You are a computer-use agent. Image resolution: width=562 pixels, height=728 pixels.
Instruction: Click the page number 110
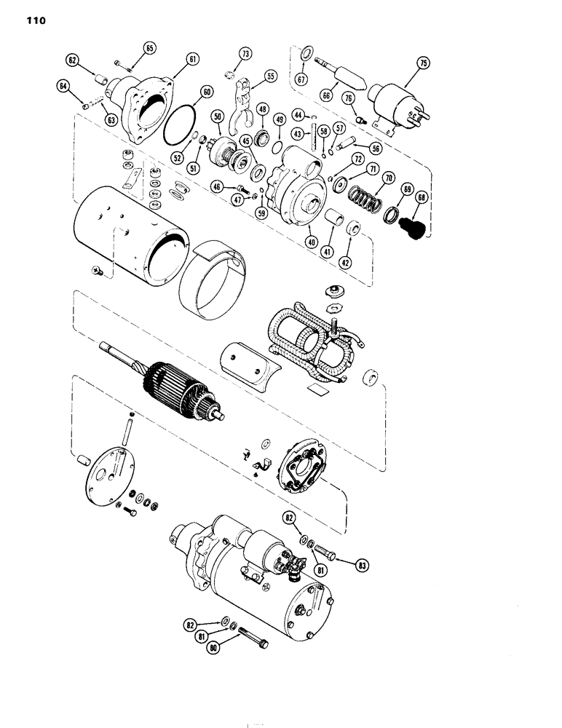coord(34,21)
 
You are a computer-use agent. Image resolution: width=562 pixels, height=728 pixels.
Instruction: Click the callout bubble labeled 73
coord(245,54)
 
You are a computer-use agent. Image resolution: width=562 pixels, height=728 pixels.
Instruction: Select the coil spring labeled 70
coord(363,198)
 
